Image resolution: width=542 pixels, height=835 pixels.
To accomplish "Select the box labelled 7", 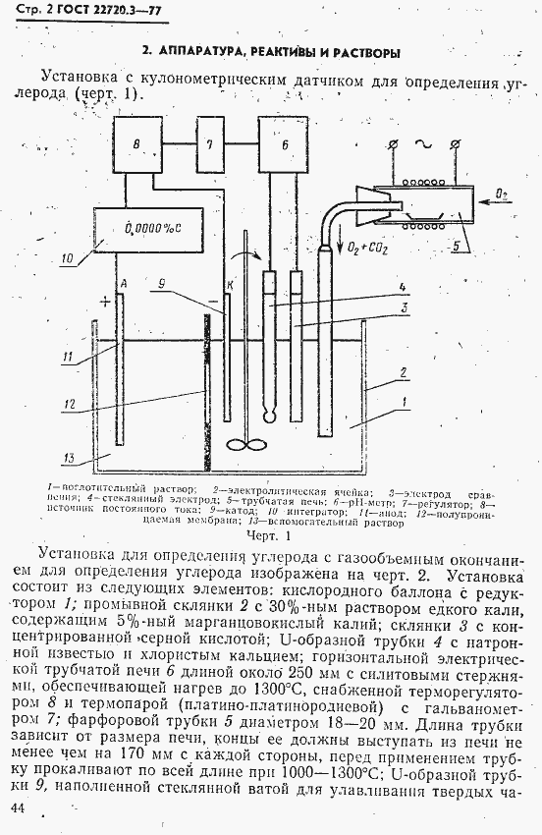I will click(x=208, y=144).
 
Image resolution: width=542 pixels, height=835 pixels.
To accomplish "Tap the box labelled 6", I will click(x=284, y=144).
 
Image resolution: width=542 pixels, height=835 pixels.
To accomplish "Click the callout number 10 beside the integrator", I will click(x=67, y=260).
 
